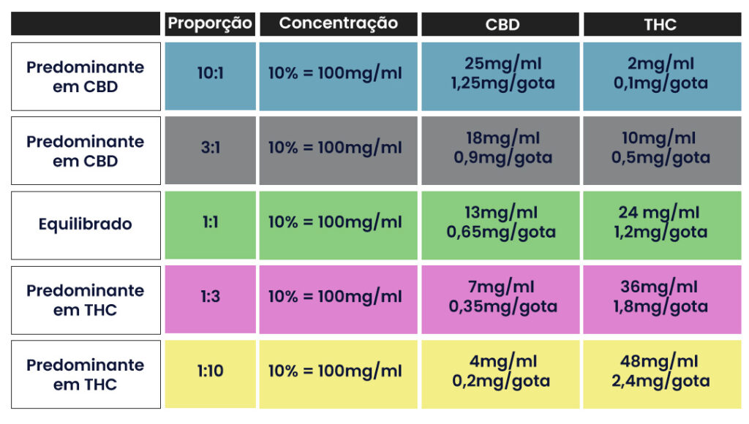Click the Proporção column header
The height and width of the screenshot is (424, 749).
211,23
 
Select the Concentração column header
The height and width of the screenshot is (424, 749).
339,23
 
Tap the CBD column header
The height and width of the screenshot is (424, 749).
503,24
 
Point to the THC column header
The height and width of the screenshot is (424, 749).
660,24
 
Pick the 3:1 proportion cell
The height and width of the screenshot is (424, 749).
211,148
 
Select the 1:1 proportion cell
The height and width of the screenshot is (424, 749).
211,222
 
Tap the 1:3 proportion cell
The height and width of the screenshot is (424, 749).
211,297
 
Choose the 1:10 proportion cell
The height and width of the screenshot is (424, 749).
211,371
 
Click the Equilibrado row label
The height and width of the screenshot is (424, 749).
86,224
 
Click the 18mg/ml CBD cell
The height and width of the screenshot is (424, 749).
503,148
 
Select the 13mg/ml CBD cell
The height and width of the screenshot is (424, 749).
503,222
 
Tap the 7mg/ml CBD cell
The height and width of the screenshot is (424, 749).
503,297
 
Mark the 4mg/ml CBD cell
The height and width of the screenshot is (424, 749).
503,371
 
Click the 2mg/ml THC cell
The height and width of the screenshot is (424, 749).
660,73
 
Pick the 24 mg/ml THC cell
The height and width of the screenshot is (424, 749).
660,222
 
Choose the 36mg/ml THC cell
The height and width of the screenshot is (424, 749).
660,297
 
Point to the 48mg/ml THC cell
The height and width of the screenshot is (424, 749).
660,371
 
